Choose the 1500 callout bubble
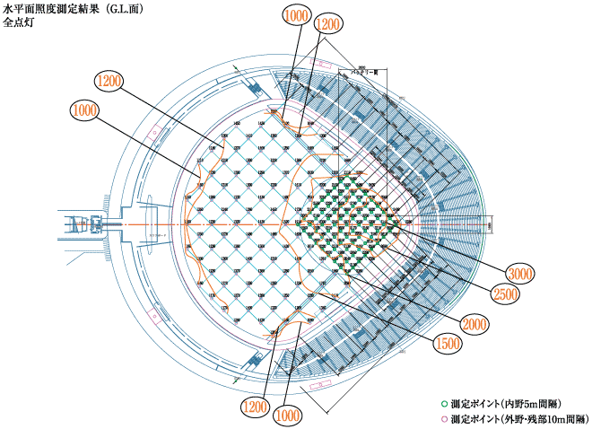click(447, 344)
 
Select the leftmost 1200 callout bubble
click(110, 81)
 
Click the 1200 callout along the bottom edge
click(257, 408)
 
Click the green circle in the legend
click(443, 405)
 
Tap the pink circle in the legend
click(443, 419)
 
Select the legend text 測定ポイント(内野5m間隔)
click(506, 405)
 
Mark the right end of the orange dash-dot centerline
click(492, 222)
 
